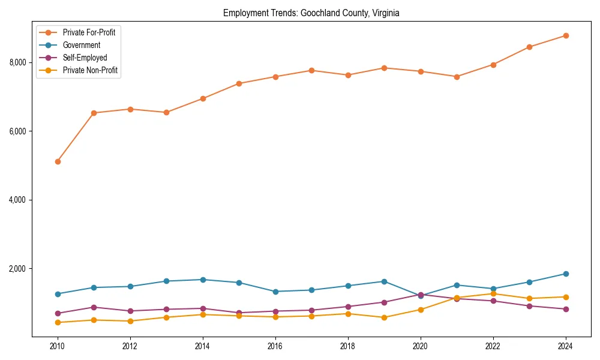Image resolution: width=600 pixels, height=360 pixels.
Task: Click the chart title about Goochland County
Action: [311, 13]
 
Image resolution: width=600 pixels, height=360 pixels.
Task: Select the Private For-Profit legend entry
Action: [89, 32]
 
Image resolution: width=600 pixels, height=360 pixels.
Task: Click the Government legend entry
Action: [81, 45]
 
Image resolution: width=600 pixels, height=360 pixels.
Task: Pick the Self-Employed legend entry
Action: [85, 58]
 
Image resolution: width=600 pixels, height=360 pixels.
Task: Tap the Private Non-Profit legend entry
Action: [90, 70]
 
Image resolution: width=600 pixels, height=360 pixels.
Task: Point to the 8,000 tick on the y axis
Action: [18, 62]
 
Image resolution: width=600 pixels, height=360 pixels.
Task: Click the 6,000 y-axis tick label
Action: [18, 131]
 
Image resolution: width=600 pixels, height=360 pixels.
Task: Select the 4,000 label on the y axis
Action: [18, 200]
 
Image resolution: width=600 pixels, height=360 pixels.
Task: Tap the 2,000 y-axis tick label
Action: [18, 268]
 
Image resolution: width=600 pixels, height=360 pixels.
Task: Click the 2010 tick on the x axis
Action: [58, 346]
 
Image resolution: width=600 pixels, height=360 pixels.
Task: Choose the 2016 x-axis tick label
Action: [275, 346]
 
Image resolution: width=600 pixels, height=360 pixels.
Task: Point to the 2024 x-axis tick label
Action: [565, 346]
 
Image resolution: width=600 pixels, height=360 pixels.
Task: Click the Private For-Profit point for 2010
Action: [58, 161]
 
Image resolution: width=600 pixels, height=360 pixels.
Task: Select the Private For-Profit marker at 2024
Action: [565, 35]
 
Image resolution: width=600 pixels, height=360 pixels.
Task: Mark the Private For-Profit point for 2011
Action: [94, 113]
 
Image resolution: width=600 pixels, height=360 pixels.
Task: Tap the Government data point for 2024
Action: [565, 274]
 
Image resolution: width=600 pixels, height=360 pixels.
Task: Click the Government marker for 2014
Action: [203, 280]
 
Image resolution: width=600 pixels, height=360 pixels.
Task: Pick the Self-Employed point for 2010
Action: [58, 313]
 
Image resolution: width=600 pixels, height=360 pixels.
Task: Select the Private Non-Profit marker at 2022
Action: [493, 293]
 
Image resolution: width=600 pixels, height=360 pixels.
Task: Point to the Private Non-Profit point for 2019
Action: [384, 317]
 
